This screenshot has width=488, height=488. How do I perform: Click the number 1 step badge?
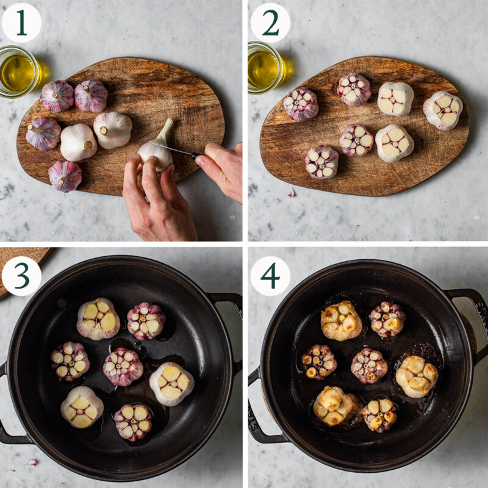pyautogui.click(x=21, y=23)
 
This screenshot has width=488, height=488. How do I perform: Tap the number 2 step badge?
pyautogui.click(x=270, y=23)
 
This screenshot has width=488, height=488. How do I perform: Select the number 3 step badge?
pyautogui.click(x=21, y=276)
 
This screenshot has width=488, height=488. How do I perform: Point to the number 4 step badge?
pyautogui.click(x=270, y=276)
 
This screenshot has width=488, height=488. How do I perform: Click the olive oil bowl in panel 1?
pyautogui.click(x=18, y=72)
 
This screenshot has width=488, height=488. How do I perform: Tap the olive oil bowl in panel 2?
pyautogui.click(x=264, y=68)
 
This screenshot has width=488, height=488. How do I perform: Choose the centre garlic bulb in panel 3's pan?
pyautogui.click(x=123, y=366)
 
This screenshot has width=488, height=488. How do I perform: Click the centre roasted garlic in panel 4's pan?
pyautogui.click(x=369, y=365)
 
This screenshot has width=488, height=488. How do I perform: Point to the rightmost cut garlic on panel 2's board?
pyautogui.click(x=443, y=110)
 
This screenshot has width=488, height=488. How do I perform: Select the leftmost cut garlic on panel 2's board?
pyautogui.click(x=301, y=104)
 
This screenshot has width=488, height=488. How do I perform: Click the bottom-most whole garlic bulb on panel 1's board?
pyautogui.click(x=65, y=176)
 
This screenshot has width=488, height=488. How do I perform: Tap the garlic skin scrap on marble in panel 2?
pyautogui.click(x=292, y=193)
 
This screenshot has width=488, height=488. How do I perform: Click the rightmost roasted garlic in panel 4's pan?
pyautogui.click(x=417, y=376)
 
